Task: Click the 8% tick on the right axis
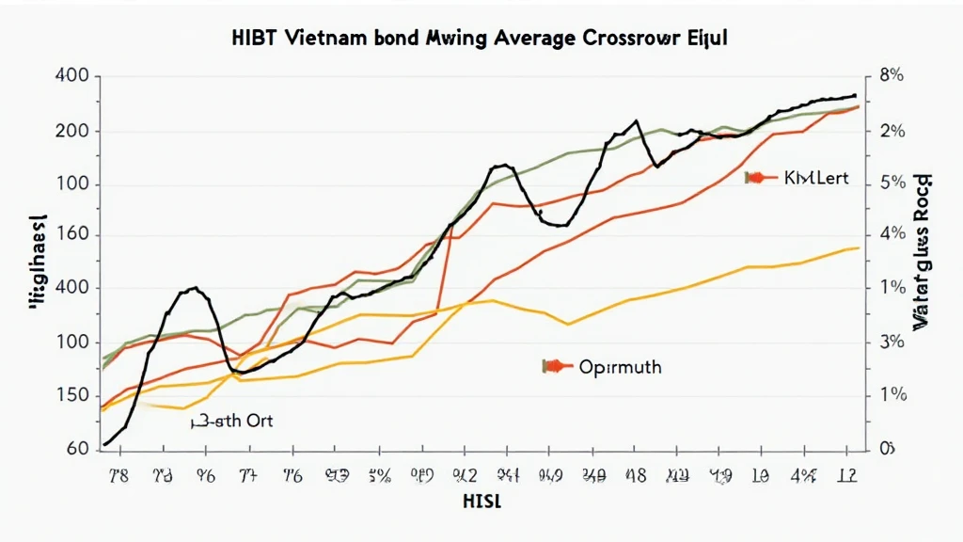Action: coord(891,77)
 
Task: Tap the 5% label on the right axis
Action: coord(891,183)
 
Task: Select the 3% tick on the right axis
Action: coord(891,343)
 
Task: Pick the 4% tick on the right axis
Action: coord(891,234)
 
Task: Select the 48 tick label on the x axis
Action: coord(636,475)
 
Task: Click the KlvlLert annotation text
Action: coord(815,178)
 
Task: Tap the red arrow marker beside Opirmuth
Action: coord(556,366)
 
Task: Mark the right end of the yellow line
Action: coord(857,247)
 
